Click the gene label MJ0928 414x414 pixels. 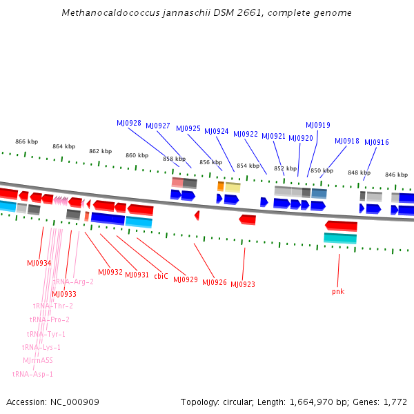tap(129, 123)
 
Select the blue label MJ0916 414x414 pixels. tap(377, 142)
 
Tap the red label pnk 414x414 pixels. tap(338, 291)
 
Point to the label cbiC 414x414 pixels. tap(161, 276)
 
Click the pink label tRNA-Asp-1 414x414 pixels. tap(32, 374)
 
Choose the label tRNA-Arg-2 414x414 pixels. tap(73, 282)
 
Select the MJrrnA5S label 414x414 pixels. tap(37, 360)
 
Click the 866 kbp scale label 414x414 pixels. tap(26, 141)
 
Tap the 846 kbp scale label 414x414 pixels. tap(396, 175)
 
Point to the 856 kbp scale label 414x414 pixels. tap(210, 162)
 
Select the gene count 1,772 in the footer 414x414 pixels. tap(395, 402)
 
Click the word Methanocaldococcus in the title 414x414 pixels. tap(105, 13)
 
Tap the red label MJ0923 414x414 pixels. tap(243, 284)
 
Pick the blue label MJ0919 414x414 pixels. tap(318, 125)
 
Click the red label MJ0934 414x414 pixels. tap(39, 263)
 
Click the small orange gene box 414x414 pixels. tap(221, 186)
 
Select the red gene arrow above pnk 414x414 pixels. tap(342, 226)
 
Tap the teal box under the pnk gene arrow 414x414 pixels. tap(340, 238)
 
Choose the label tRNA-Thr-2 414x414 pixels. tap(52, 306)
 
